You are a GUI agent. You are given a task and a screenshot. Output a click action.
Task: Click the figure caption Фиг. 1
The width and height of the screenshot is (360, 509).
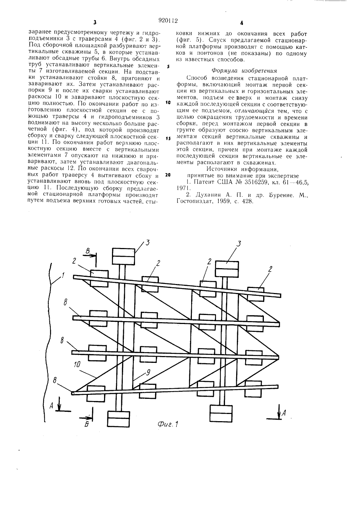point(168,424)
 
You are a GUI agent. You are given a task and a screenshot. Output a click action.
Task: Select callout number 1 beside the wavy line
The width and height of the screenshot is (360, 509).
point(63,276)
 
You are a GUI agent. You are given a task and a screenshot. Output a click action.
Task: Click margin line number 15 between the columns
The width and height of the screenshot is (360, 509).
point(168,138)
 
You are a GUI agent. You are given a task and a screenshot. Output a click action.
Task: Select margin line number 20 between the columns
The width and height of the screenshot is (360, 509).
point(168,175)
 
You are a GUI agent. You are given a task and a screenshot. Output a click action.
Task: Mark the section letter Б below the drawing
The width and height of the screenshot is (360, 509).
point(86,425)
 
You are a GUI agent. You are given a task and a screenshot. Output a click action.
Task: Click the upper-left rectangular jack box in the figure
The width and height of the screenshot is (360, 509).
point(123,256)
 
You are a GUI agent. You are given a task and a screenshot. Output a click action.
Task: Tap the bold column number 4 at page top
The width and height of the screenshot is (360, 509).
point(242,22)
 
